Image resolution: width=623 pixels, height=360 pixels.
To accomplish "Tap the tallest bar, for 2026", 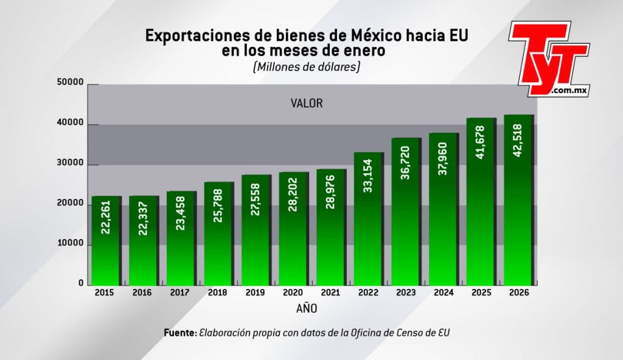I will (518, 201).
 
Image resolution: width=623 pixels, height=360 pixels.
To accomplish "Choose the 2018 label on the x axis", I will (217, 292).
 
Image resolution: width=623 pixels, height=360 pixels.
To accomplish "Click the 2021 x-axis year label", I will (330, 292).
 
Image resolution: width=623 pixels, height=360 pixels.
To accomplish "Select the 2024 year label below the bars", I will (444, 292).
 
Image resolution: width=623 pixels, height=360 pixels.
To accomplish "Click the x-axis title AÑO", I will (307, 309).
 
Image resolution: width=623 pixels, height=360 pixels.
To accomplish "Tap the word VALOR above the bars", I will (307, 103).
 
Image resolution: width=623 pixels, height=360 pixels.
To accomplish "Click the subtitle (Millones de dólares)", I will (306, 67).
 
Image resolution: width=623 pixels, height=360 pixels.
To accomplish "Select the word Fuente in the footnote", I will (179, 333).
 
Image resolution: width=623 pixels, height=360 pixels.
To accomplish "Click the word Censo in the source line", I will (415, 333).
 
